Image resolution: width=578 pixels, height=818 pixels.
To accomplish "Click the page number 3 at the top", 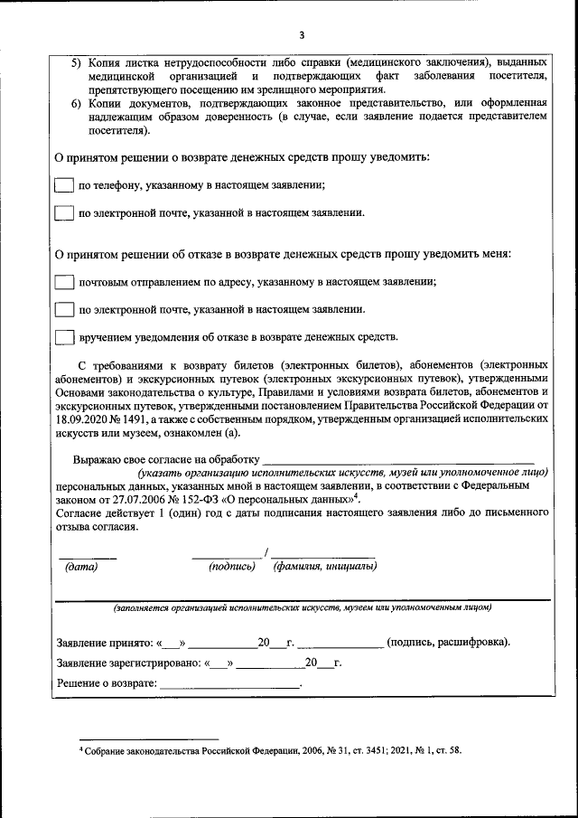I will (x=302, y=35).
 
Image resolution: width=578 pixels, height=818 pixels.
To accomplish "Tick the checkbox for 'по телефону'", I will (x=63, y=185).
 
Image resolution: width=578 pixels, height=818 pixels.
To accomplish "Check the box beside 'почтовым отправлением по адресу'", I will (x=63, y=282).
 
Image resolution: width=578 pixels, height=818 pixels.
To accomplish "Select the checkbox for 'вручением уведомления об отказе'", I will (x=63, y=337).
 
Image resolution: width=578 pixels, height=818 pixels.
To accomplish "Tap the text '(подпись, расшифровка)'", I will (x=448, y=643).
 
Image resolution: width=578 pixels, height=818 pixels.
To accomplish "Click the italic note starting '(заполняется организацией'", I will (x=303, y=608).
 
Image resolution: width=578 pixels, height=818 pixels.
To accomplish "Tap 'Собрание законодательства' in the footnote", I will (x=151, y=750).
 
